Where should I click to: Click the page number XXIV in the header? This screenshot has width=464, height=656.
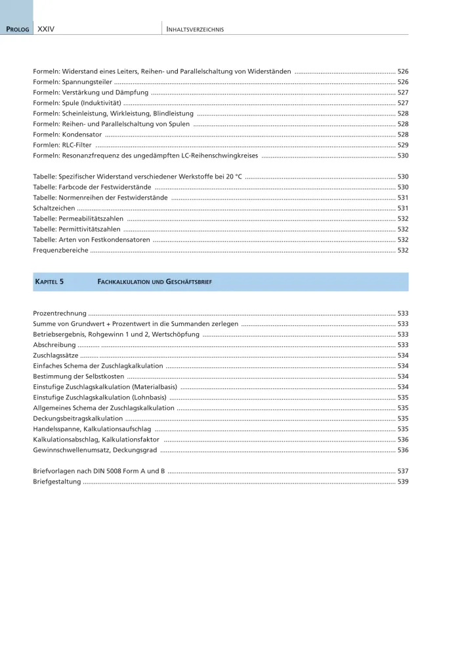coord(45,30)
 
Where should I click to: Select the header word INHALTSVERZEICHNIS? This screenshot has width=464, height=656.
coord(196,30)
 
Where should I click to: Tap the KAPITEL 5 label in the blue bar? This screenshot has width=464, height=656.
coord(49,281)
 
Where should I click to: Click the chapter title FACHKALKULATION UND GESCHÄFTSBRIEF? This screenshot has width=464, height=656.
coord(154,281)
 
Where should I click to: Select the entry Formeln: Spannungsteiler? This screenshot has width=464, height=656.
coord(72,82)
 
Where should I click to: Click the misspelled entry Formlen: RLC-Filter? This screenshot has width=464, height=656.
coord(62,145)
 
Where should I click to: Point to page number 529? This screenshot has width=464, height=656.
coord(402,145)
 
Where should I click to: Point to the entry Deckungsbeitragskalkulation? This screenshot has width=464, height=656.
coord(77,418)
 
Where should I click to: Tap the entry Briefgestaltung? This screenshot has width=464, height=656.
coord(57,482)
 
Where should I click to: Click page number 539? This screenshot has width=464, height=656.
coord(402,482)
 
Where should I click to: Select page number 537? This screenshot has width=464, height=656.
coord(402,471)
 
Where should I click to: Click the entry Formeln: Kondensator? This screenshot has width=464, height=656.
coord(67,134)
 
